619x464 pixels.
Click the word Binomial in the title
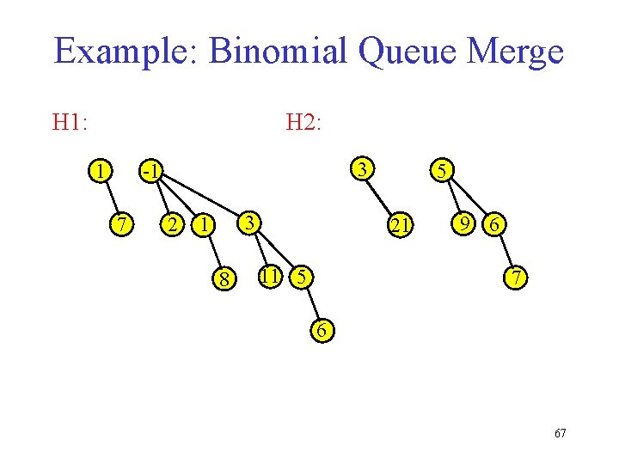tap(277, 52)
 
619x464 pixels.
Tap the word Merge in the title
tap(514, 52)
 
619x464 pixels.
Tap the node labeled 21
tap(399, 225)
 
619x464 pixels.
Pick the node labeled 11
tap(270, 277)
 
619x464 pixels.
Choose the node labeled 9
tap(465, 223)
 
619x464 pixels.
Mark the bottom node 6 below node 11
tap(321, 331)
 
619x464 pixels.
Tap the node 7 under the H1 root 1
tap(123, 224)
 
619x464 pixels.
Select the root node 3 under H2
tap(365, 168)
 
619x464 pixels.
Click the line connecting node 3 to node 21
tap(382, 196)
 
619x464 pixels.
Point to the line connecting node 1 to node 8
tap(213, 251)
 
